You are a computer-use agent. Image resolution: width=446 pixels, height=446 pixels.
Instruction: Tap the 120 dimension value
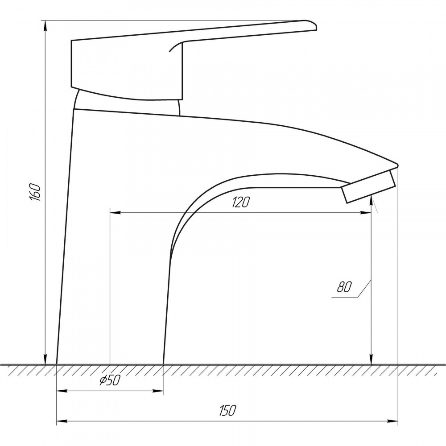tap(241, 202)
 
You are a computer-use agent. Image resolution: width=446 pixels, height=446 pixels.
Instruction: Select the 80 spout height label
tap(344, 287)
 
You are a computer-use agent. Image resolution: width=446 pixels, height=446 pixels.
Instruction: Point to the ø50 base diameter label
tap(110, 380)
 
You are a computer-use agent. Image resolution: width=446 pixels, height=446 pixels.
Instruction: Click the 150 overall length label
tap(227, 410)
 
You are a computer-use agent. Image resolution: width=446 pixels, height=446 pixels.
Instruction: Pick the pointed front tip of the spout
tap(397, 165)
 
